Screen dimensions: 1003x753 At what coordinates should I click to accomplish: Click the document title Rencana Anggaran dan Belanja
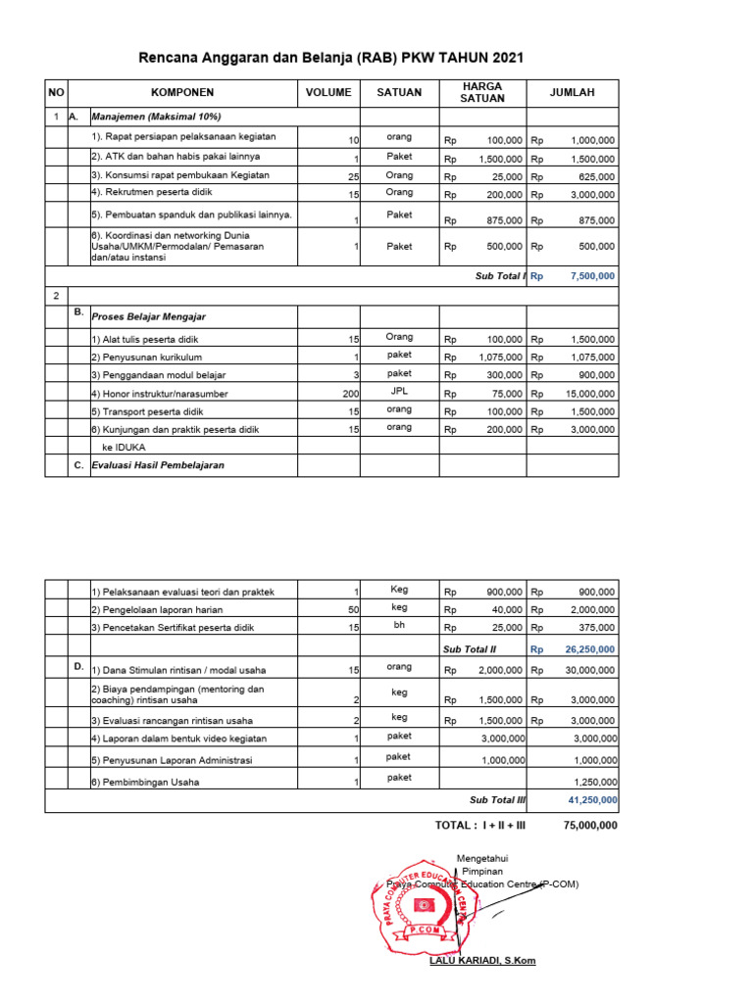[330, 58]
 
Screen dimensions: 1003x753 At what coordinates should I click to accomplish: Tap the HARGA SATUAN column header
[482, 92]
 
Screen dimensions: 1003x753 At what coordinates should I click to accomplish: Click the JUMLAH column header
[572, 92]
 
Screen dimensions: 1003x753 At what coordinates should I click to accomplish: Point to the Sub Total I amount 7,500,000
[592, 276]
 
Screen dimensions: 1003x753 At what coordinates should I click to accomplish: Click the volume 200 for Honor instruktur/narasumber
[350, 394]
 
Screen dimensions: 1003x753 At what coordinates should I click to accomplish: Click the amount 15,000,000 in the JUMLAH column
[584, 394]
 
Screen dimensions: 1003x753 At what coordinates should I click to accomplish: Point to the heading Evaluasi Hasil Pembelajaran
[158, 465]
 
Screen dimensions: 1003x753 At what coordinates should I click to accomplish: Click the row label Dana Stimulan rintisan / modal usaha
[178, 670]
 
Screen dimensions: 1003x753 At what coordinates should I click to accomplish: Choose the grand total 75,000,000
[590, 825]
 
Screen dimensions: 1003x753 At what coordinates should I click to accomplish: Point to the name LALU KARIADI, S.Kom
[482, 960]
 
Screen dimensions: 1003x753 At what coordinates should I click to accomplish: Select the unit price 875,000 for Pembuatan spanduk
[500, 221]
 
